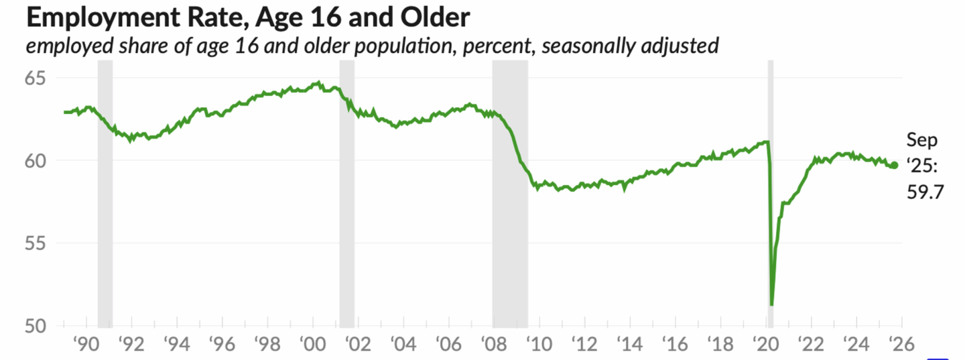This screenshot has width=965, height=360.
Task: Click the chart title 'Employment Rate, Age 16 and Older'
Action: pos(247,18)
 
